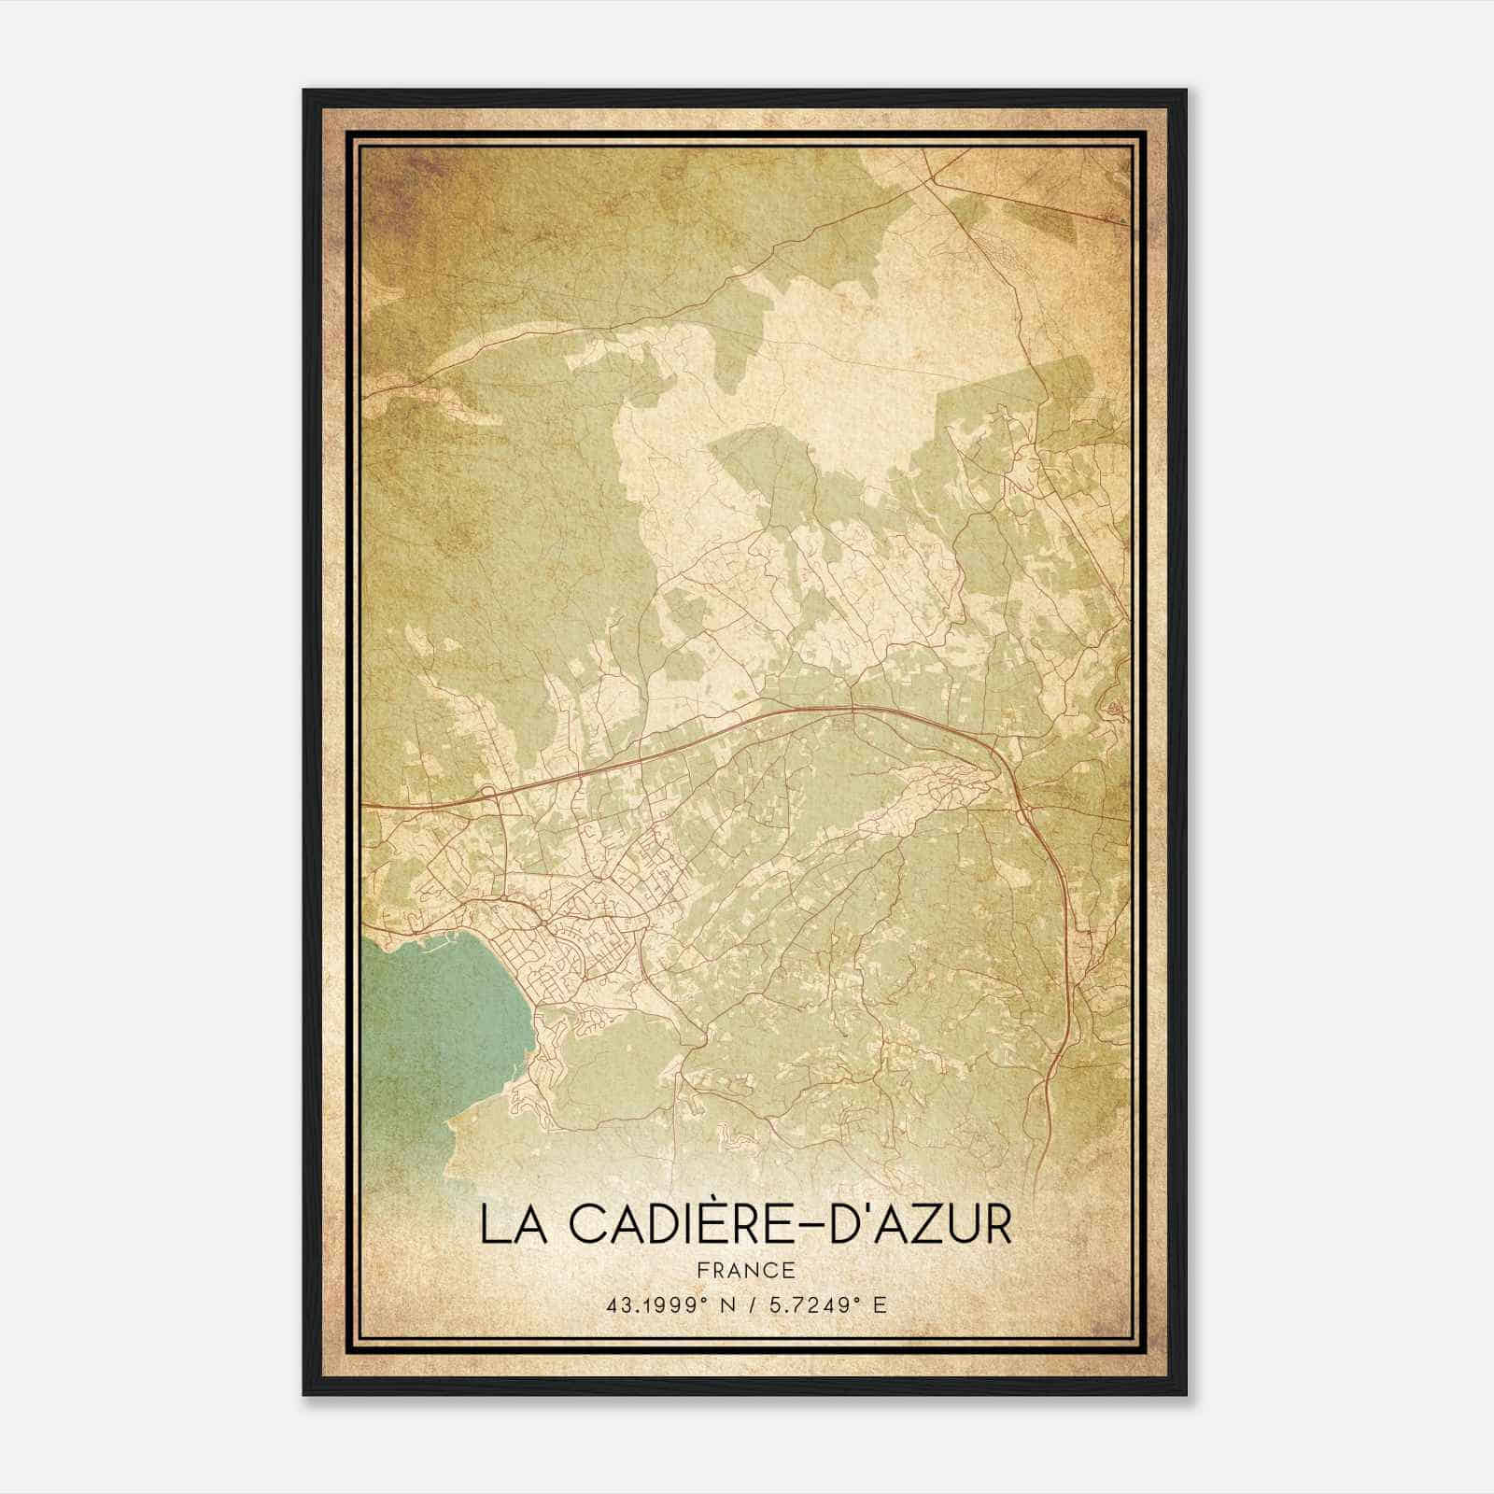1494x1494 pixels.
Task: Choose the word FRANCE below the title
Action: click(746, 1270)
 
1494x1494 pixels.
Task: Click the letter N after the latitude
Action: click(724, 1304)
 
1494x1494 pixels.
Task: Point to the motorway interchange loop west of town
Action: click(490, 795)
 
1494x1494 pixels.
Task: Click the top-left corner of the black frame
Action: click(304, 91)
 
